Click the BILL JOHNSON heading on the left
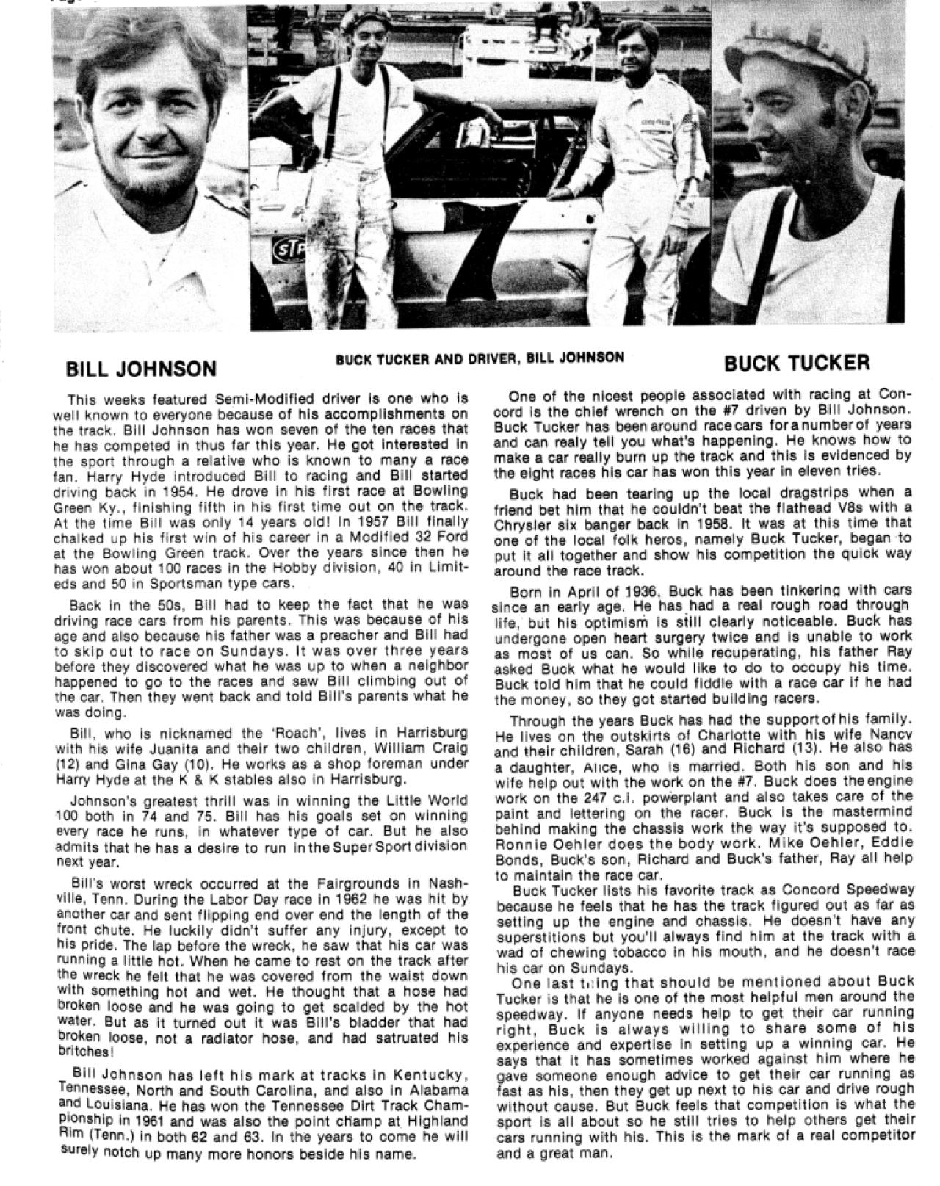141,368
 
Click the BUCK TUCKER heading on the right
797,362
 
